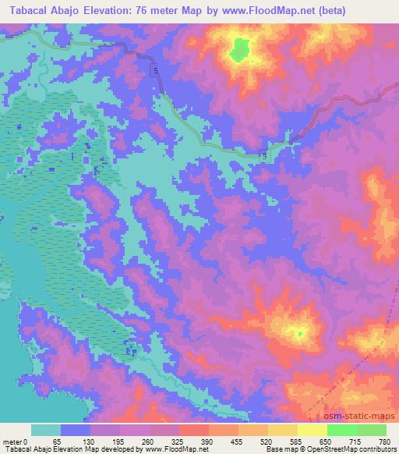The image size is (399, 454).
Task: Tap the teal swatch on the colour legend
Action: [x=46, y=430]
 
